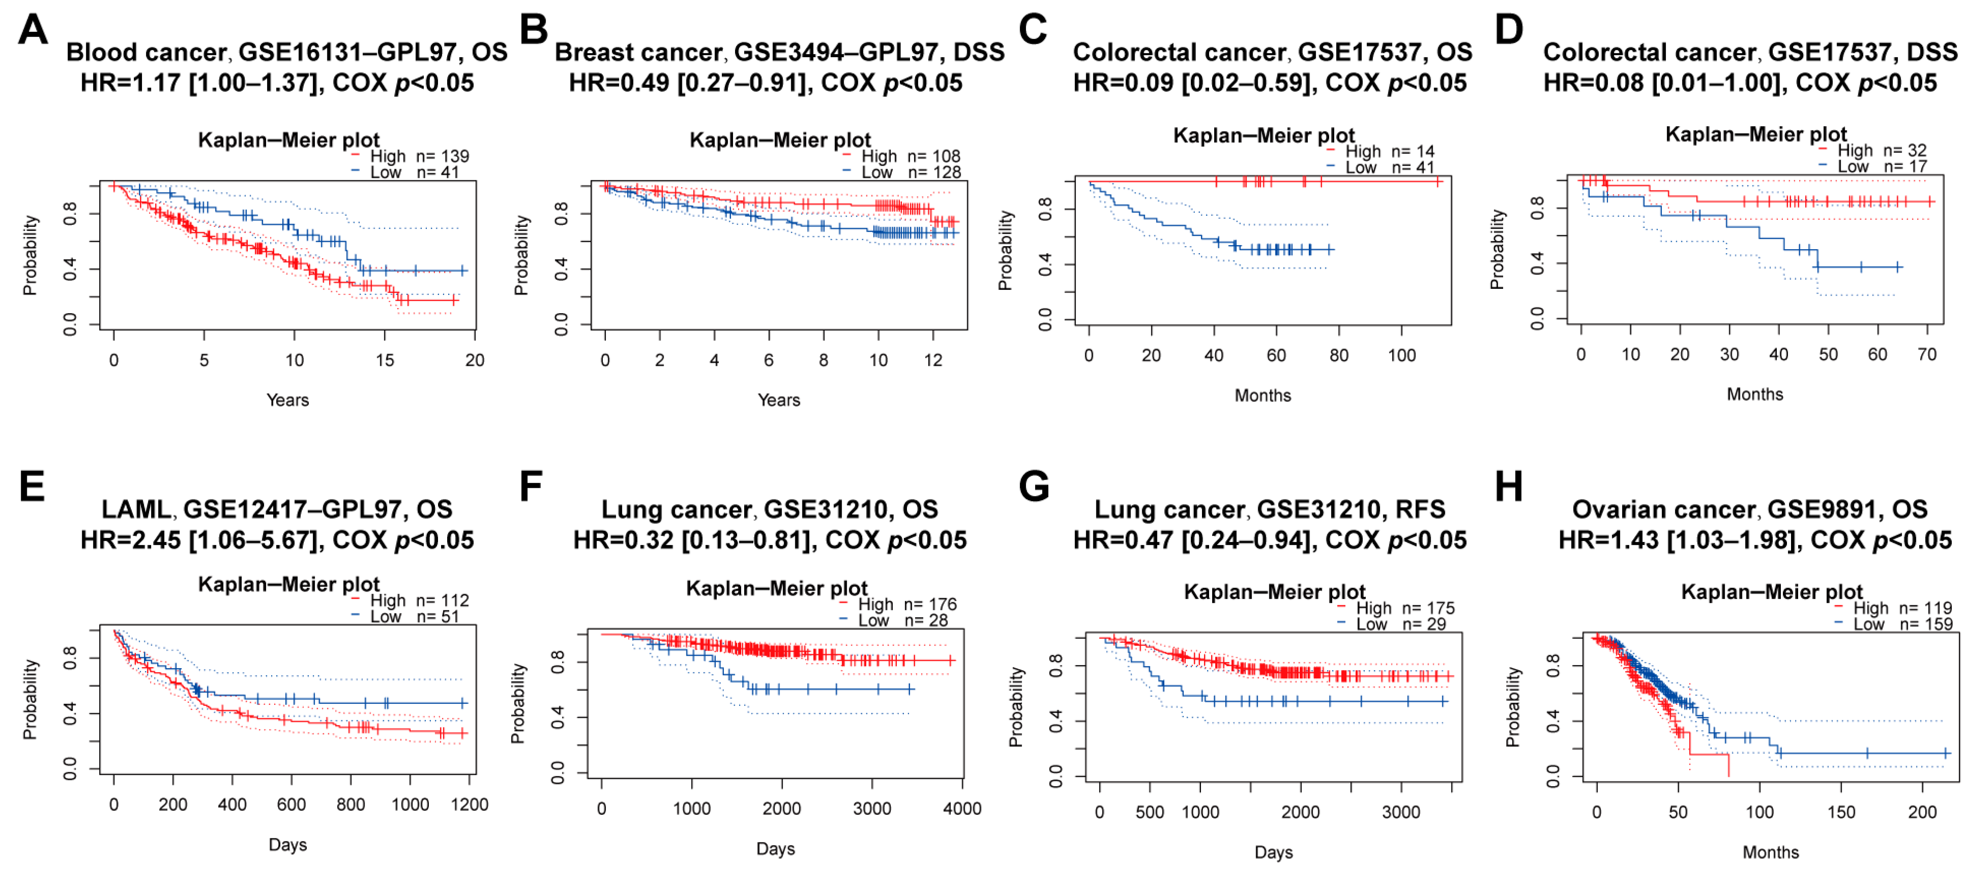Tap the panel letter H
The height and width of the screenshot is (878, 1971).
(1509, 486)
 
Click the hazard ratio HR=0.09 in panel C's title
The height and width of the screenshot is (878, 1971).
(1122, 83)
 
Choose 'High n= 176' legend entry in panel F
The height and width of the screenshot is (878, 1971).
(906, 604)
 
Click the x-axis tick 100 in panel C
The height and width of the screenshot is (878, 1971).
(1402, 356)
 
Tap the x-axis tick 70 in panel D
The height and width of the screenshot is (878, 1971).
(1926, 355)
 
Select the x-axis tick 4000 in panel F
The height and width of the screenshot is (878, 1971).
(962, 809)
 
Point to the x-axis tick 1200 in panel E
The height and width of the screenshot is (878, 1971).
(469, 805)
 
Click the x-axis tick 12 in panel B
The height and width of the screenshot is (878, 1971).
(933, 360)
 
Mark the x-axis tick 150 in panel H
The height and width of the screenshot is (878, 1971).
(1841, 812)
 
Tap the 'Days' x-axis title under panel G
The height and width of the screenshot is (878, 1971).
(1273, 853)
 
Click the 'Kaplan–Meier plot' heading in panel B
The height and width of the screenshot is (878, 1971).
(780, 140)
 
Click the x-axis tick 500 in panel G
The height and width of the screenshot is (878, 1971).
(1149, 812)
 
